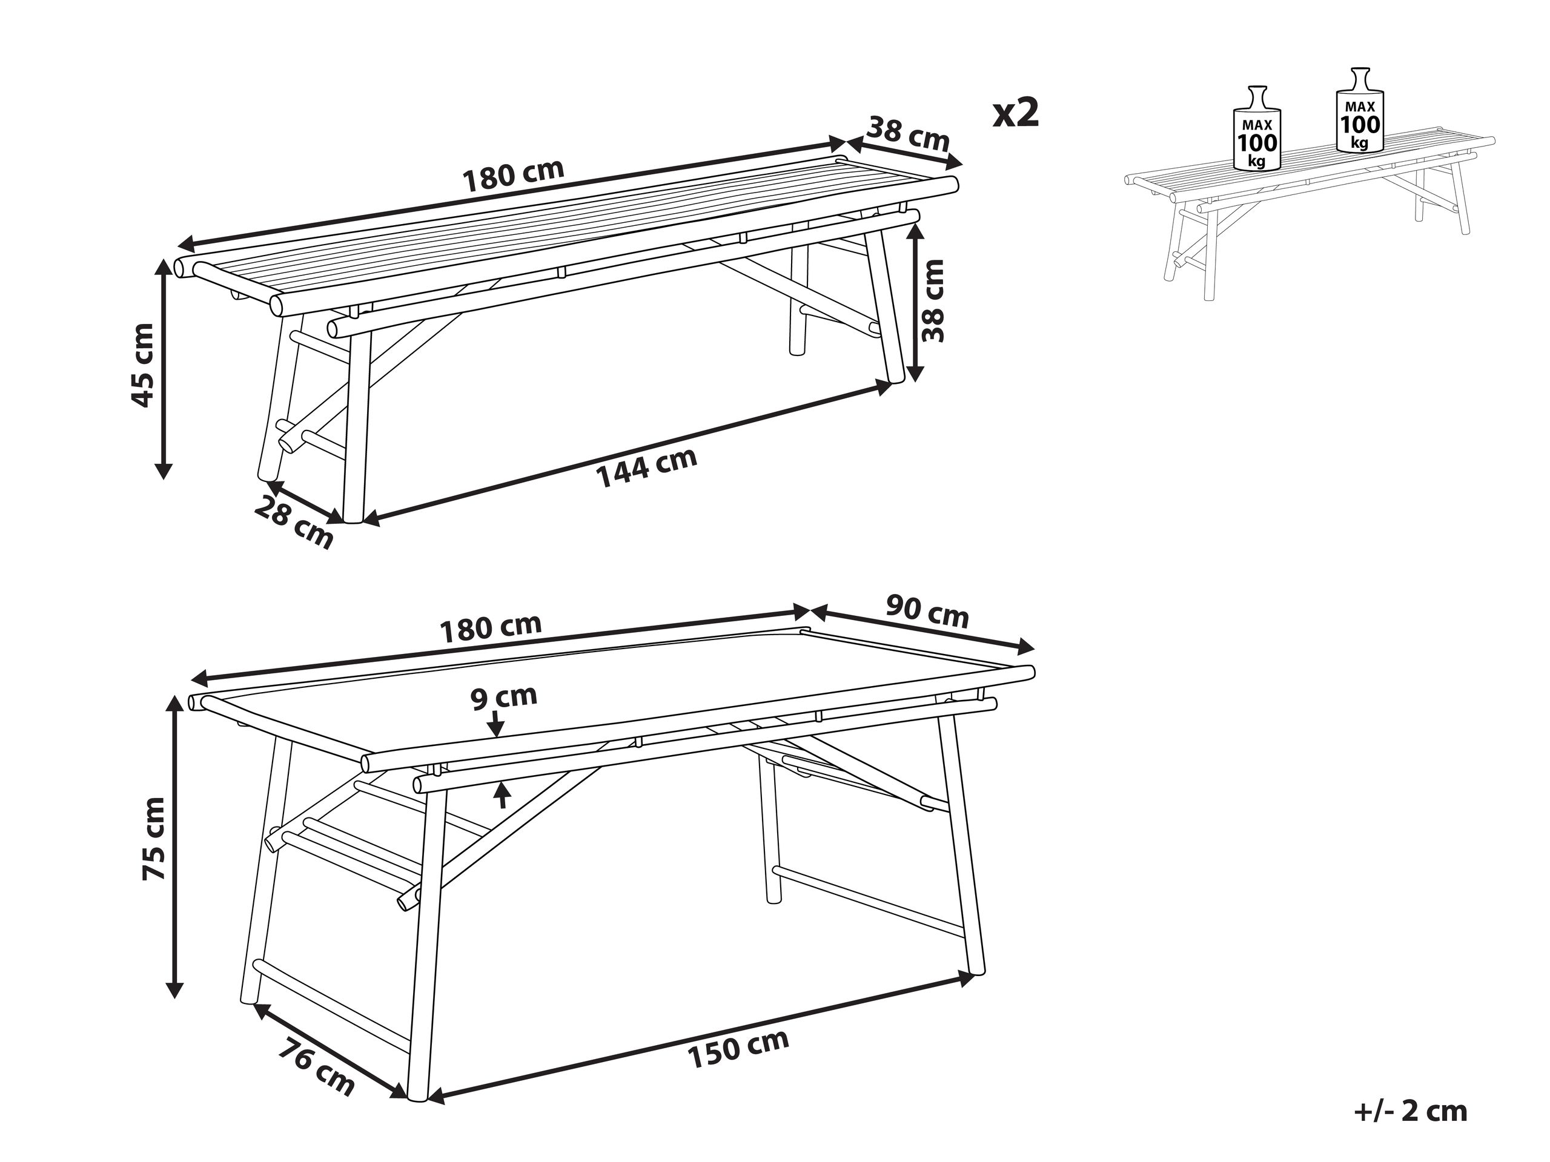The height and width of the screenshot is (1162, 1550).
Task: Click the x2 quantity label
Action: coord(1015,113)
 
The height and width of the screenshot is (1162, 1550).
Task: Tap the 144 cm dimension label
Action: coord(646,467)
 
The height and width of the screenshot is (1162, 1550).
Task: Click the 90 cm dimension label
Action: coord(927,612)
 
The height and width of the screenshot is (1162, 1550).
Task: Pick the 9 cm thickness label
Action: coord(503,697)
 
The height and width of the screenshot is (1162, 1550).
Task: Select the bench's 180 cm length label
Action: coord(513,176)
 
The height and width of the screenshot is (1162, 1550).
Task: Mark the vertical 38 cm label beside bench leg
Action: coord(933,300)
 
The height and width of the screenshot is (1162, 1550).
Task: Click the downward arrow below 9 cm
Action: coord(496,724)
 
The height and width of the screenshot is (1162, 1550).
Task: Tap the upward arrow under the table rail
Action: coord(502,796)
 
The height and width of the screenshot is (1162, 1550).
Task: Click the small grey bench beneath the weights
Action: coord(1303,210)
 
